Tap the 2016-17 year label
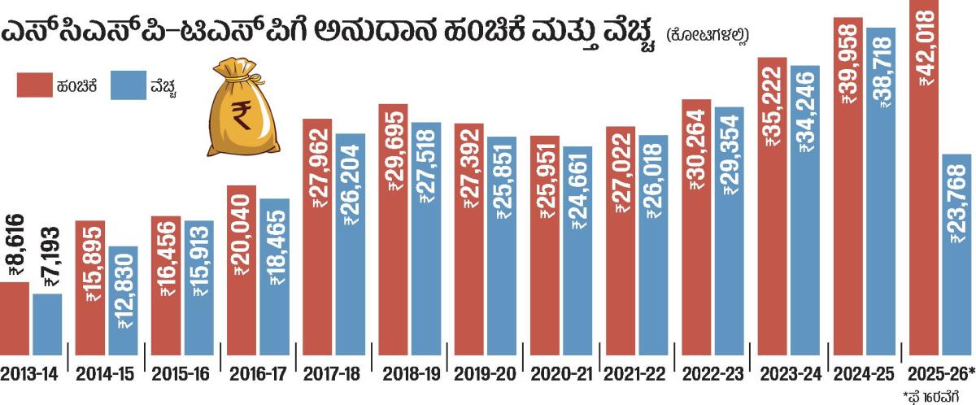[x=258, y=374]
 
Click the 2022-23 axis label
[x=712, y=374]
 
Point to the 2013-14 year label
[x=29, y=374]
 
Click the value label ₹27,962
[x=318, y=161]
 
